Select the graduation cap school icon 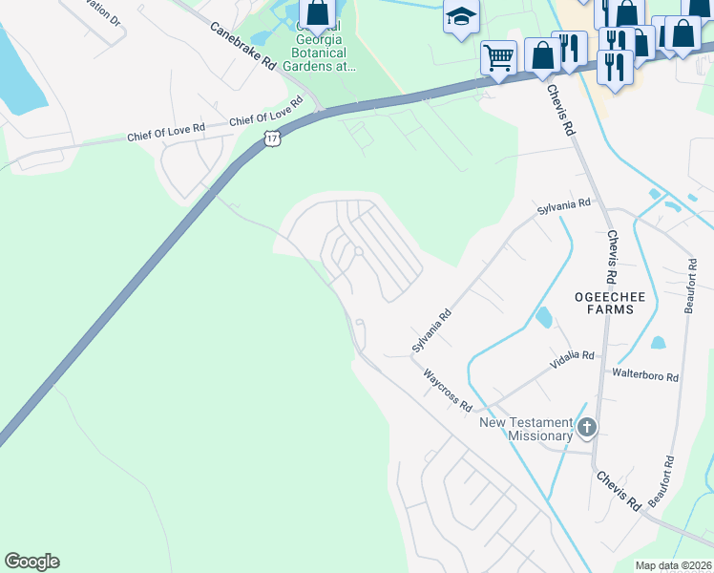click(x=460, y=17)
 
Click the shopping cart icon click(x=498, y=58)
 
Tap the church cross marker click(x=587, y=428)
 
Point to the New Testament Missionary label click(x=526, y=429)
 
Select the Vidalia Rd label click(x=572, y=358)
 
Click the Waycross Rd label click(x=449, y=390)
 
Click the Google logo click(x=31, y=562)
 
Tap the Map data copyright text click(x=673, y=565)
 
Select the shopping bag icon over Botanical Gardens click(x=318, y=13)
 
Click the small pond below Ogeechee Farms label click(x=544, y=316)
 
